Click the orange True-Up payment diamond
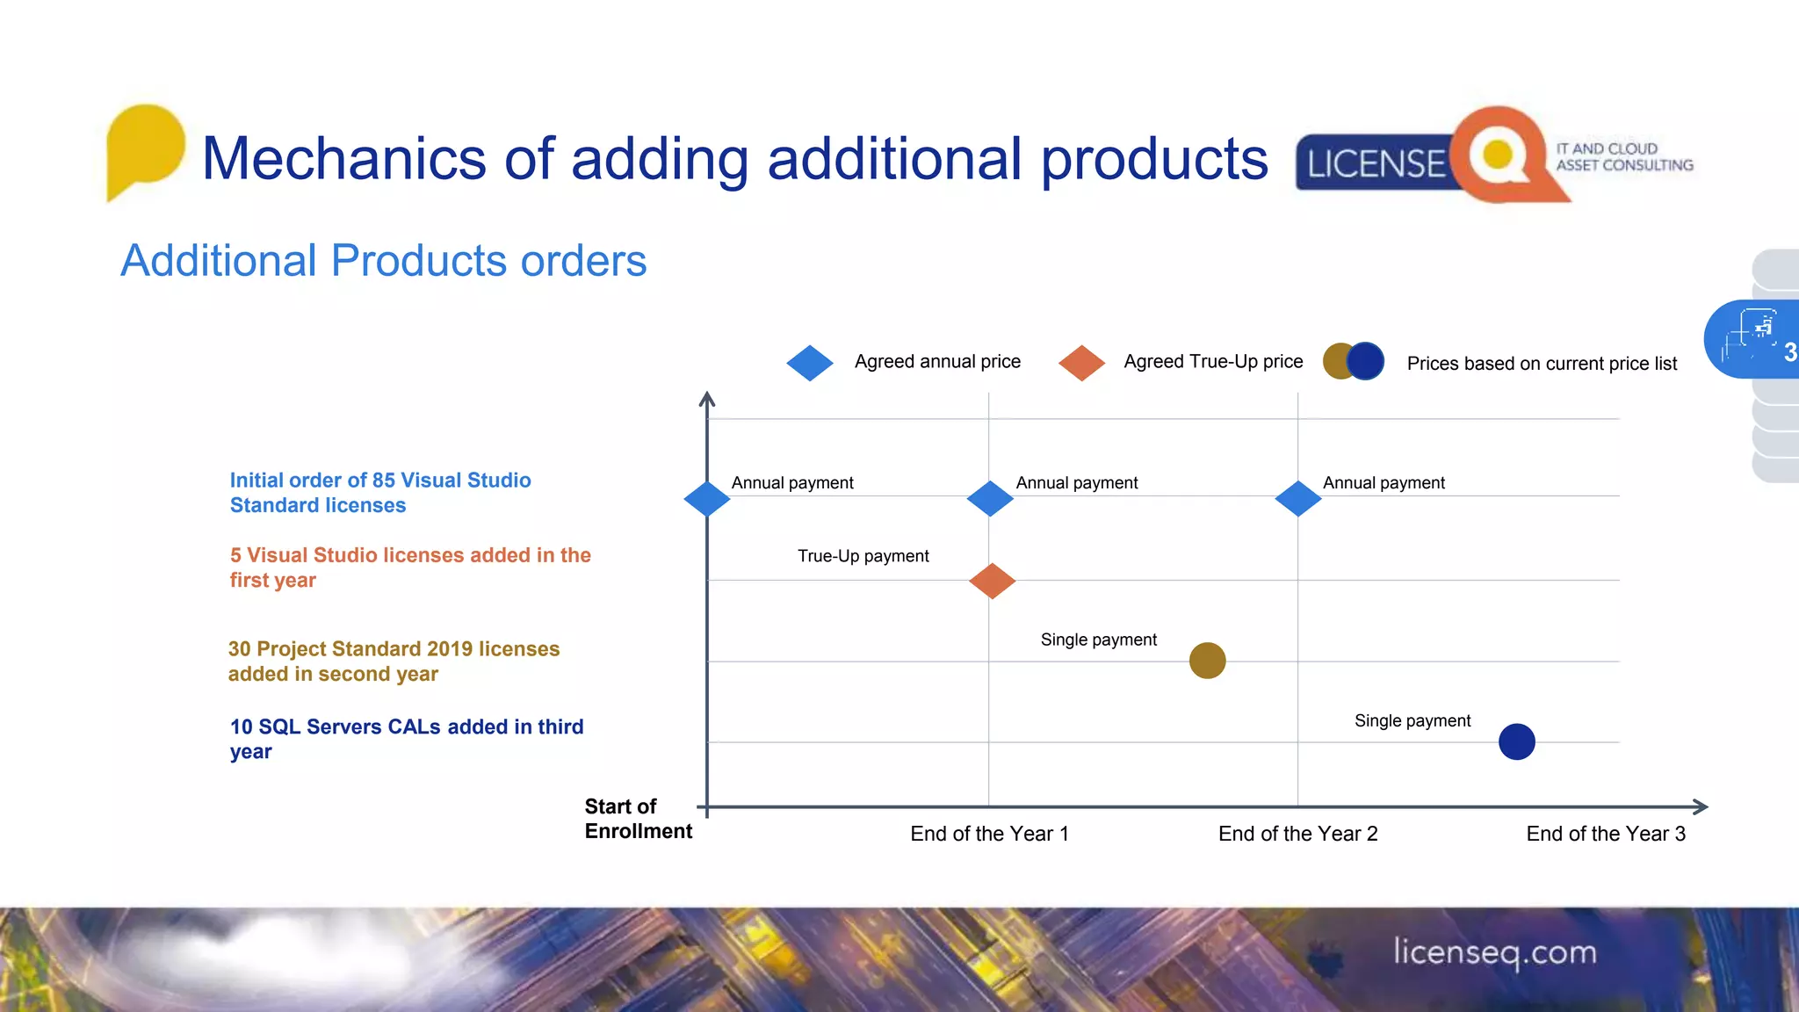[992, 581]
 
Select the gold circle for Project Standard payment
[1207, 661]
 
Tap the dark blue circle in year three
[1516, 741]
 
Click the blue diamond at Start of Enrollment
[707, 499]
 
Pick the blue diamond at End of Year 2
[1297, 499]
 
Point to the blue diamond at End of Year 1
[990, 499]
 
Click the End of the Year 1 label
[989, 834]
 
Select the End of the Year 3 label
[1605, 834]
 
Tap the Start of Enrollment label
[638, 819]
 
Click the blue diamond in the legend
[810, 363]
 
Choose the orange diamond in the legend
[1081, 363]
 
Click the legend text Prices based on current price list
[1541, 364]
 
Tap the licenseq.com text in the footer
[1494, 952]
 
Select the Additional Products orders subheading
[383, 261]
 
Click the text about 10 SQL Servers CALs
[406, 738]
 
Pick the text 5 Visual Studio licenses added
[409, 567]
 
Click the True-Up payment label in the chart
[863, 556]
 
